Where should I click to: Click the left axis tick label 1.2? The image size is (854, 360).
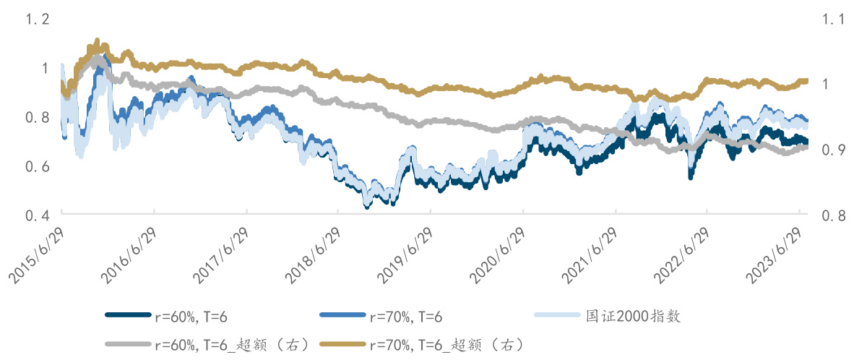tap(37, 20)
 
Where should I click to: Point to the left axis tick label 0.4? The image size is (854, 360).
tap(37, 215)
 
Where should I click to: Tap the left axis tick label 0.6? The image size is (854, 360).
tap(37, 166)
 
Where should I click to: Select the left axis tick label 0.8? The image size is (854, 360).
tap(37, 117)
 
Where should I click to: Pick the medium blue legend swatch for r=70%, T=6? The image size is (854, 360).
tap(341, 315)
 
